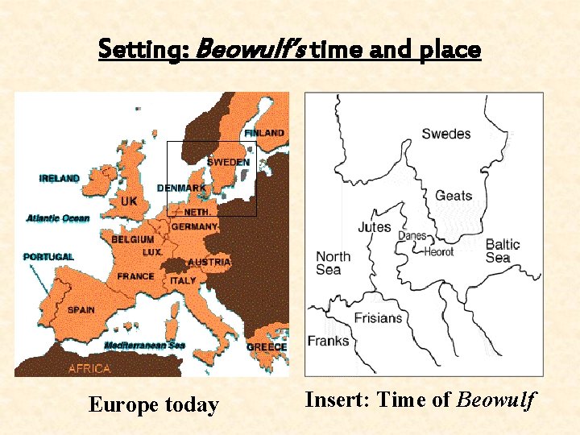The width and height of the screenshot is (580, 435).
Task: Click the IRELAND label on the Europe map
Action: pos(60,179)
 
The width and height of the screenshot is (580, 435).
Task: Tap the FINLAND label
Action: pos(264,133)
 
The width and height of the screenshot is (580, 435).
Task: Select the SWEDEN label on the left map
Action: pos(228,162)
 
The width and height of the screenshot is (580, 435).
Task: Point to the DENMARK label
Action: pos(181,188)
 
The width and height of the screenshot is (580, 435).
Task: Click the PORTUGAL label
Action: pos(48,257)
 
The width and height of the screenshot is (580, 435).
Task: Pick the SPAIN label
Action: pos(81,309)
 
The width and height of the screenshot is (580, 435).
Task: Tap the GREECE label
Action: pos(266,347)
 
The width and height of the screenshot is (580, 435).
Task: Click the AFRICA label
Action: pos(89,369)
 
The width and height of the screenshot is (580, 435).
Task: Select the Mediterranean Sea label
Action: pos(144,345)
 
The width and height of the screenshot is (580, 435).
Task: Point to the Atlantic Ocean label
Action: pos(58,218)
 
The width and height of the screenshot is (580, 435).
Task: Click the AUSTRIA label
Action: pos(210,263)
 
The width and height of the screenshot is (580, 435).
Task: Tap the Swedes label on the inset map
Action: pos(445,134)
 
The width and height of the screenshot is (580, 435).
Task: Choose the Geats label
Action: pos(454,196)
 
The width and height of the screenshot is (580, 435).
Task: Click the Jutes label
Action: pos(375,227)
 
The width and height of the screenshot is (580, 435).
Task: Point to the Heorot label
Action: pos(439,251)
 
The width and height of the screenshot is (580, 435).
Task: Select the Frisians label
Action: pos(378,317)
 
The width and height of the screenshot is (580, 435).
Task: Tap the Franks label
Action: pos(328,341)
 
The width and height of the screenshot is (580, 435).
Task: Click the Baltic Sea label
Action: pos(503,251)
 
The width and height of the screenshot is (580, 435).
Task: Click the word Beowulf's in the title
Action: pos(249,50)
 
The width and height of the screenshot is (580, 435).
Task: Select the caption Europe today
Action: pos(153,404)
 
